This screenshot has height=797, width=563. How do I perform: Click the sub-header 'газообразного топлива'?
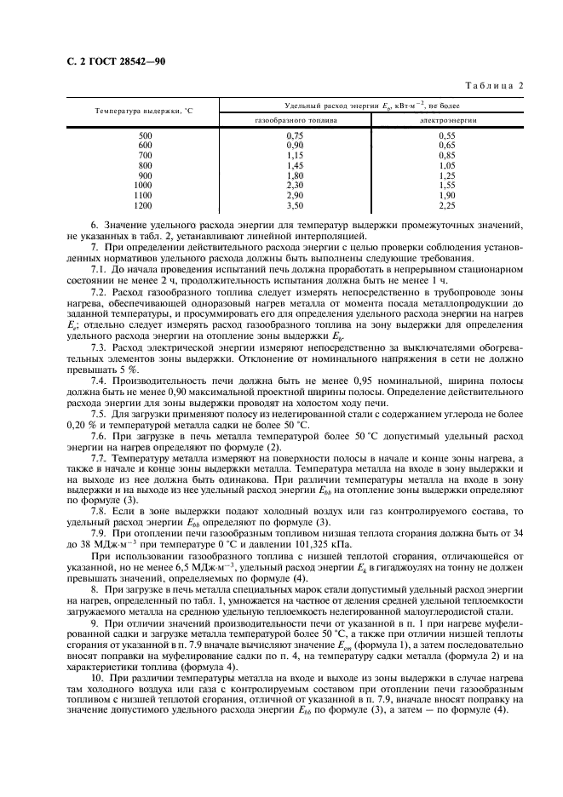tap(296, 121)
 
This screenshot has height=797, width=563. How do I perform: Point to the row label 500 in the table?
tap(145, 135)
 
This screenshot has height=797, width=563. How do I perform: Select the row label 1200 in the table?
tap(144, 205)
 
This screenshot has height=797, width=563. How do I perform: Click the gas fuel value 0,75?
tap(296, 135)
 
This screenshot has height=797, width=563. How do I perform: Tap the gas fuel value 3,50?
tap(296, 205)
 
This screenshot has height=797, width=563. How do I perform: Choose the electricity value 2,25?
tap(447, 205)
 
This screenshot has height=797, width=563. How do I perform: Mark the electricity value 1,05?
tap(447, 165)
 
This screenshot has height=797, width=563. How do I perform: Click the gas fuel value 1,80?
tap(296, 175)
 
